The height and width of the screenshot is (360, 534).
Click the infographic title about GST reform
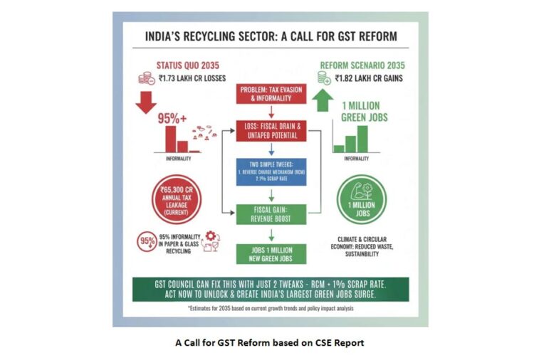[271, 36]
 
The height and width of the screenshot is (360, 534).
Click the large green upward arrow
[320, 102]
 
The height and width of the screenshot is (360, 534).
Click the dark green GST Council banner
[271, 288]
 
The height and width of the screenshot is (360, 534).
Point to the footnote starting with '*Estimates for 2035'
[271, 309]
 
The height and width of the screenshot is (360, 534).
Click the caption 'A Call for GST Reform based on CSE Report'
[269, 343]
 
